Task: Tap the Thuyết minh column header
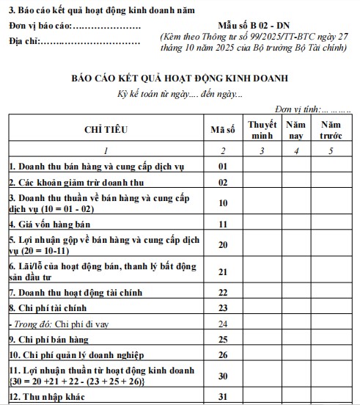point(262,129)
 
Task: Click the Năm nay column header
point(295,129)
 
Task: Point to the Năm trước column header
point(331,129)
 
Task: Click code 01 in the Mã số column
point(223,167)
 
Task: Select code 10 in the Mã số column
point(223,202)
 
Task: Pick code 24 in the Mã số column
point(223,324)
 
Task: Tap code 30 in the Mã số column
point(223,376)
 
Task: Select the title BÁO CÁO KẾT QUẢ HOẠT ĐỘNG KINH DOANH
point(180,77)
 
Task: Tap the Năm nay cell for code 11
point(295,223)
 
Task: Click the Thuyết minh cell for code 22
point(262,292)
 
